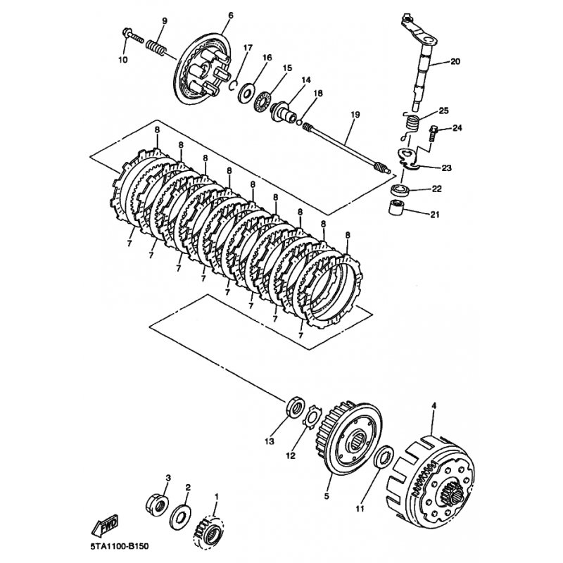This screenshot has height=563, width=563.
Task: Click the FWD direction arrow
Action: (x=105, y=525)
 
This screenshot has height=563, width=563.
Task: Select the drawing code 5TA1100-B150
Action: (x=119, y=548)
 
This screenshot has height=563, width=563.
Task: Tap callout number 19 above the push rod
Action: (x=355, y=115)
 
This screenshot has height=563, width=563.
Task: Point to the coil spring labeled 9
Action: (x=156, y=47)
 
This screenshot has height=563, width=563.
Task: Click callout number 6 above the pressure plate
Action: (x=231, y=15)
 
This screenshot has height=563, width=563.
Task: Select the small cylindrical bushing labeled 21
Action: (x=397, y=208)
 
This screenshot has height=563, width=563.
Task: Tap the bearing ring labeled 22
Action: (x=399, y=189)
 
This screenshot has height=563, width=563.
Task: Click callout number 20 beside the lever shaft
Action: (x=455, y=62)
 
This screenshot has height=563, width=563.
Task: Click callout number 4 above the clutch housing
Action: (x=434, y=406)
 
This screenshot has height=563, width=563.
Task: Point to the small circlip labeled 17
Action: (x=234, y=84)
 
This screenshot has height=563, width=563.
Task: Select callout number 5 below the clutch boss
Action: (x=327, y=497)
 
